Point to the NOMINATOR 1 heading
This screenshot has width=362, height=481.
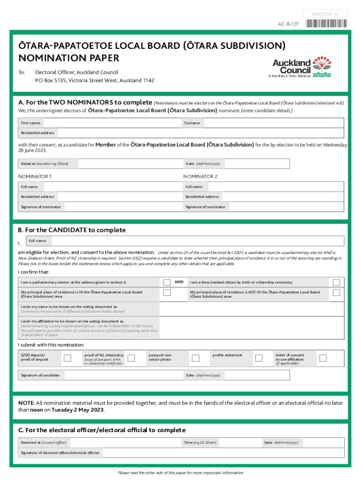click(35, 177)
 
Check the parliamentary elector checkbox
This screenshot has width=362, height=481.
click(167, 282)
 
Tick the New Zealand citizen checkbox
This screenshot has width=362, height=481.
click(336, 282)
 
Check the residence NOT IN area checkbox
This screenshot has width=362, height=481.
click(336, 293)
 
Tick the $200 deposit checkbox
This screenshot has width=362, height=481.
click(68, 358)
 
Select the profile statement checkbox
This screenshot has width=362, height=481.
click(259, 358)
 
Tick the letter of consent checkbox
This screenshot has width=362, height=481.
click(323, 358)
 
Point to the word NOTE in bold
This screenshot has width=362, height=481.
click(26, 403)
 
